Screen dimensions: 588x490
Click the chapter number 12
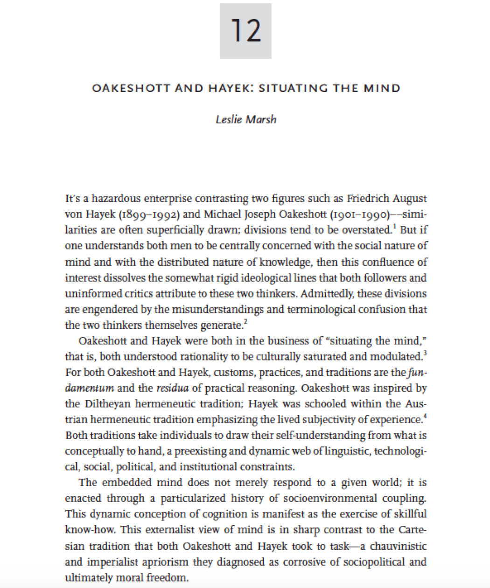pyautogui.click(x=245, y=31)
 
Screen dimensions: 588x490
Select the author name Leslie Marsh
pyautogui.click(x=246, y=120)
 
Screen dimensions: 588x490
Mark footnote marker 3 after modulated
pyautogui.click(x=425, y=354)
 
